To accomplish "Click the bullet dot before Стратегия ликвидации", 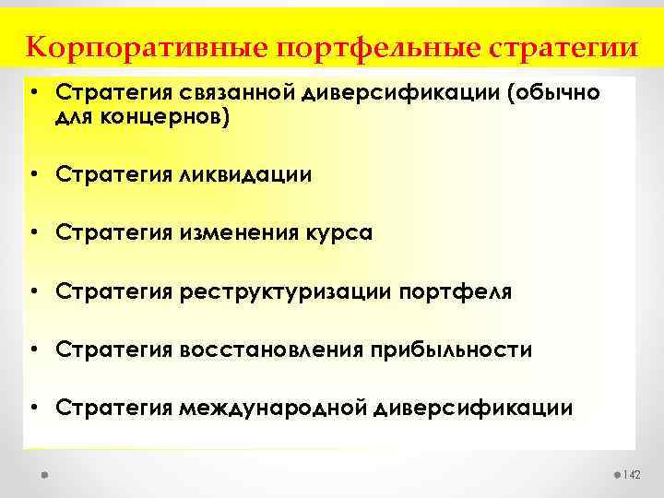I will click(33, 175).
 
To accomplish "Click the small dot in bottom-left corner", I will click(43, 474).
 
